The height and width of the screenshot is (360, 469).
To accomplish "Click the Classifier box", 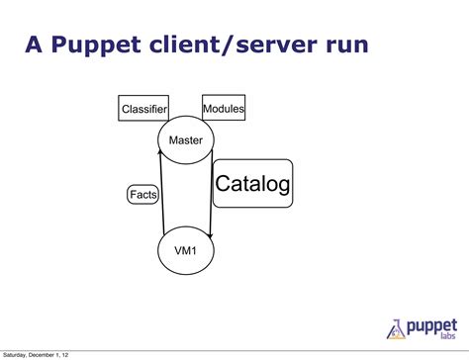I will point(143,108).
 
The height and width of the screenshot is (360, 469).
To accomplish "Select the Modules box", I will point(224,108).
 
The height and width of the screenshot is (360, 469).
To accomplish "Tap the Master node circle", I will point(185,140).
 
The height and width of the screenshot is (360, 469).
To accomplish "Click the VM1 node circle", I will point(185,250).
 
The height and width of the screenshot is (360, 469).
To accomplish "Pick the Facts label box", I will point(143,195).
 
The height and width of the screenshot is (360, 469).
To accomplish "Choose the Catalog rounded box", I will point(252,183).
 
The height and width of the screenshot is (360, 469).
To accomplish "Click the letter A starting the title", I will point(34,45).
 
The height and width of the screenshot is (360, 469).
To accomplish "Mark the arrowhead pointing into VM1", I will point(210,235).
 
